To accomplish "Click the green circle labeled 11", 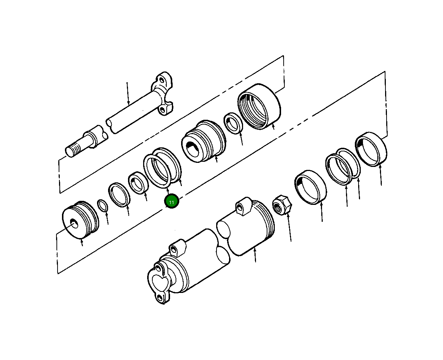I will coord(172,202).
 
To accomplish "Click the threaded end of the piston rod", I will coord(73,149).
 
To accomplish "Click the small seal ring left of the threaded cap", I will coord(233,123).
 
